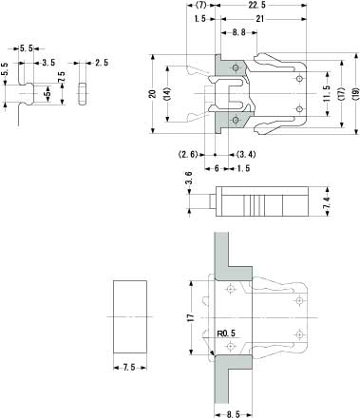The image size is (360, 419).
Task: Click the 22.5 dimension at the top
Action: (256, 5)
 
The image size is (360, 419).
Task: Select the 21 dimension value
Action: (260, 19)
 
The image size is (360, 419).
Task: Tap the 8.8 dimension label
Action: (239, 32)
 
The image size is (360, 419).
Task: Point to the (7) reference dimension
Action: (201, 5)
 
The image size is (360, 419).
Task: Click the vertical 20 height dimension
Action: (153, 94)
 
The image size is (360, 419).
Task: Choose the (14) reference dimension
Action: (167, 94)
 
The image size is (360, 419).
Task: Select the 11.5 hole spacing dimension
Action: (328, 93)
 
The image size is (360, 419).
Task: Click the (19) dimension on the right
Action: (356, 94)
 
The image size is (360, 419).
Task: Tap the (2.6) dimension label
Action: (188, 155)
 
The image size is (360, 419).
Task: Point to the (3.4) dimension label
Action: (246, 155)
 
